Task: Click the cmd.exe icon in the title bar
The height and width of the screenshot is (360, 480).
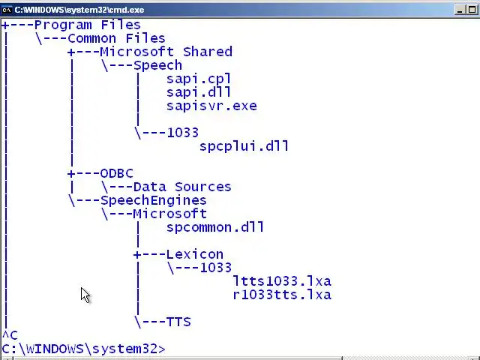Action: click(x=7, y=10)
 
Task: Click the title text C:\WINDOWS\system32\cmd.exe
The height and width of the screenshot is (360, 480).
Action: click(x=79, y=10)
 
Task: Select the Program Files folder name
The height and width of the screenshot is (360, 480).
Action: click(x=87, y=25)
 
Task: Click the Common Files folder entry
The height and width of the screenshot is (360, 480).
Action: click(x=116, y=38)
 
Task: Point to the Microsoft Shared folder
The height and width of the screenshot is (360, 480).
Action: click(x=166, y=52)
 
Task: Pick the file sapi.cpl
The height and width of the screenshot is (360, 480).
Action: click(x=199, y=79)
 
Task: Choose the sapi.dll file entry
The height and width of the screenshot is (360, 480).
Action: click(x=199, y=92)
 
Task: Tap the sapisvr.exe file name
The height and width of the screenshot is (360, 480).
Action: click(x=211, y=106)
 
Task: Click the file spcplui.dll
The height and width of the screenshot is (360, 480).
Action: click(x=244, y=146)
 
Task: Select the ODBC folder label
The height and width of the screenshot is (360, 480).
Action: click(x=116, y=173)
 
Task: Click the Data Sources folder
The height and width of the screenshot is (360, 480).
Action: click(x=181, y=187)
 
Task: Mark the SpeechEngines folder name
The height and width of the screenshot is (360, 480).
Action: click(x=153, y=200)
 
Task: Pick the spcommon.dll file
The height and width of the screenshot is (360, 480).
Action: click(x=215, y=227)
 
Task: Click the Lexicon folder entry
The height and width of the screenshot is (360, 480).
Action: click(x=194, y=254)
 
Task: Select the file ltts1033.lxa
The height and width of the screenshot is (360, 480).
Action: click(x=281, y=281)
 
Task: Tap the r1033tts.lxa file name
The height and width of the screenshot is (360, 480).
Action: click(x=281, y=295)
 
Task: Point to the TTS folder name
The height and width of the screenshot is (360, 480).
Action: click(x=178, y=322)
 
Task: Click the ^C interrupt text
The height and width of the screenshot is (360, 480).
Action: click(x=9, y=335)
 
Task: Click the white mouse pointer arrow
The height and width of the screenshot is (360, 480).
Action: click(x=85, y=295)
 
